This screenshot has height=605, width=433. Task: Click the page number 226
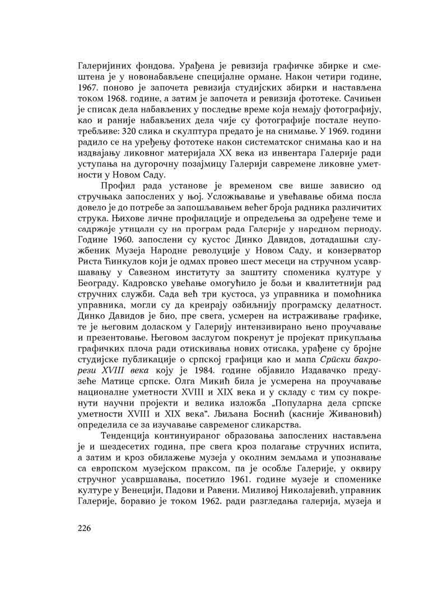pyautogui.click(x=82, y=528)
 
